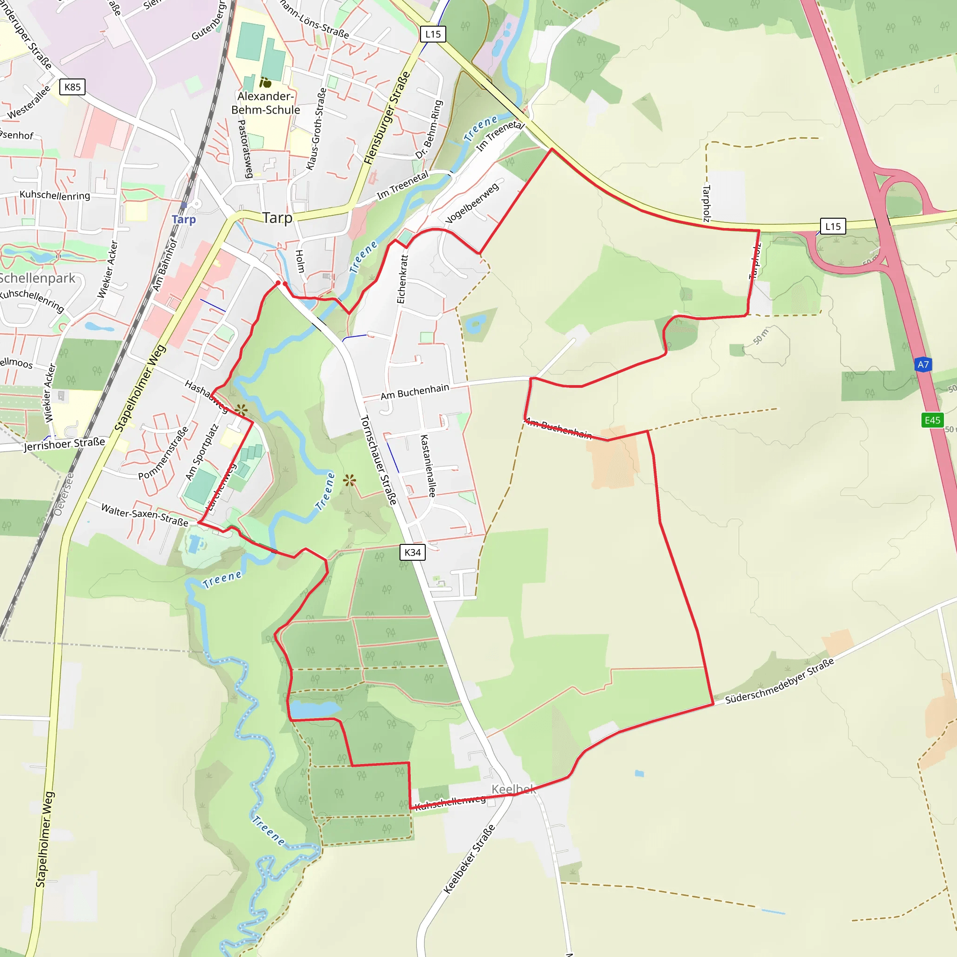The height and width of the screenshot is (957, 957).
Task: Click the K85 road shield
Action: tap(72, 87)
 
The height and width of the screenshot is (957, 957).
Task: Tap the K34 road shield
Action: tap(412, 552)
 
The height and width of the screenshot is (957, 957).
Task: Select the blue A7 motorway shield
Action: tap(923, 364)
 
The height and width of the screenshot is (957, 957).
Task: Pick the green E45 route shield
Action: tap(932, 420)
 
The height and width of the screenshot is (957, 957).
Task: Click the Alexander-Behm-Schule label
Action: tap(265, 103)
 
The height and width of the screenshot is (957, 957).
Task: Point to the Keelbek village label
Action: tap(513, 789)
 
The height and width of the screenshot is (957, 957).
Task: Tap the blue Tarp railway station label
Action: tap(184, 219)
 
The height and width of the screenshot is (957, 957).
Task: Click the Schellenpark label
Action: tap(38, 279)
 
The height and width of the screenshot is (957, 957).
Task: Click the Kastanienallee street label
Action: tap(429, 465)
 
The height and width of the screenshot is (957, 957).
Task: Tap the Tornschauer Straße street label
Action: tap(379, 460)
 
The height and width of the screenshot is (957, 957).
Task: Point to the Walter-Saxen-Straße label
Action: tap(145, 514)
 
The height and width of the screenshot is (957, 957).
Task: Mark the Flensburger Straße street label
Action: tap(387, 117)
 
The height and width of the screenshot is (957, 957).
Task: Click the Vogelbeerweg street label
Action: tap(472, 203)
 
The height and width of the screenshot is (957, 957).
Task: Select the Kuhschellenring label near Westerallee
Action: tap(55, 195)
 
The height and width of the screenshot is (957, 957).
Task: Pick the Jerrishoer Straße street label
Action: tap(64, 444)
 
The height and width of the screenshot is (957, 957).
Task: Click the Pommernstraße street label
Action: tap(163, 453)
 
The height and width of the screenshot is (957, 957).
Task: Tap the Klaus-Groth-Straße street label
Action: tap(316, 129)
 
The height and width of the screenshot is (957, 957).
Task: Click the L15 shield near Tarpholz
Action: tap(833, 226)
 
